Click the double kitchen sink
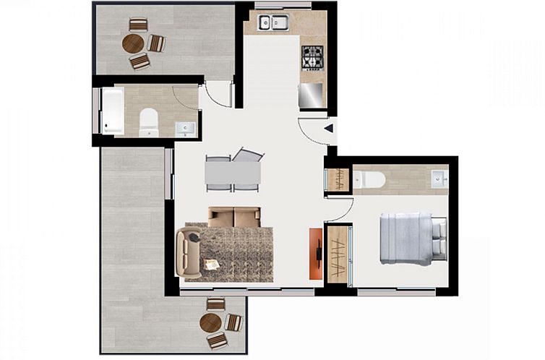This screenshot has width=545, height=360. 274,23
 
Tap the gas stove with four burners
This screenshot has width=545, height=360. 312,56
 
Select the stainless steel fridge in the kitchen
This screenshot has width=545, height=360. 312,95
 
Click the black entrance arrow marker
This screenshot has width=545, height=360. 328,129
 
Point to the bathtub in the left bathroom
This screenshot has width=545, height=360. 112,111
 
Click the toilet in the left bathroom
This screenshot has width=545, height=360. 149,122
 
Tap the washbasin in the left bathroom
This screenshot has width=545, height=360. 185,129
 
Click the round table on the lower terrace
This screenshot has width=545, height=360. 210,322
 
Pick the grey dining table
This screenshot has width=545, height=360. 233,172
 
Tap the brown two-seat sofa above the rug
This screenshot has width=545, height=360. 233,216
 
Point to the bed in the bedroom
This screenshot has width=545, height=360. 411,239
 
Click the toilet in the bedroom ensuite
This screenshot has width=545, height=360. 369,179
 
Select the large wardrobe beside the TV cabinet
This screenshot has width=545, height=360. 337,254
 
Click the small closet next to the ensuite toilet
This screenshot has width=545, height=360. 337,179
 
